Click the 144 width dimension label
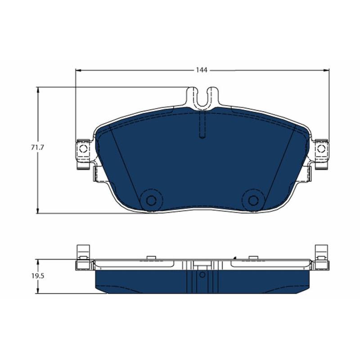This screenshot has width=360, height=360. coord(201,70)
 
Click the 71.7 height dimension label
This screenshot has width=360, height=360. coord(37,148)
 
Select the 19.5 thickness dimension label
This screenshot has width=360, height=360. coord(38,276)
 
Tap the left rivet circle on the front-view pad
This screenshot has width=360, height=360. coord(151,200)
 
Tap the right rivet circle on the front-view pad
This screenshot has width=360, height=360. coord(253,200)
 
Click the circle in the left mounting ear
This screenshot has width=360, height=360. coord(83,149)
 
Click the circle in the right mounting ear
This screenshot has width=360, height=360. coord(321,149)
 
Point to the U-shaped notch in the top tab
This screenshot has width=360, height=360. coord(202,98)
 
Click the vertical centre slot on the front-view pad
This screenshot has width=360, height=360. coord(202,125)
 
